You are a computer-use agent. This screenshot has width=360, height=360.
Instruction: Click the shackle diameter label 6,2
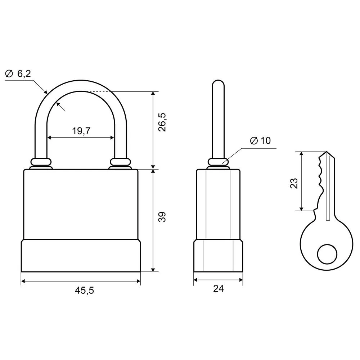[24, 74]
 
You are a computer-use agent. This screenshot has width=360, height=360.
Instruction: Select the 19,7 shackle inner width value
[81, 131]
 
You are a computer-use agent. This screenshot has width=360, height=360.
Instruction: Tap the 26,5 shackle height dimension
[162, 122]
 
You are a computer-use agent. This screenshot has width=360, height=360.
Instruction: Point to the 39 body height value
[162, 217]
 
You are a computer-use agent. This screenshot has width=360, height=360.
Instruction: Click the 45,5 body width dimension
[85, 291]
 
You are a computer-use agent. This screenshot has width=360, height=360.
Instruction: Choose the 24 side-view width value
[219, 289]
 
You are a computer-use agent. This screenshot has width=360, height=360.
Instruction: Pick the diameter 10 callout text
[260, 140]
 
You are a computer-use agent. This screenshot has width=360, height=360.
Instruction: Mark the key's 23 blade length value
[294, 183]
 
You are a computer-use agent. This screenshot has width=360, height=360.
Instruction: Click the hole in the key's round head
[327, 254]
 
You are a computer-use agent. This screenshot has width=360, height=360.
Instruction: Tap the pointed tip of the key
[327, 152]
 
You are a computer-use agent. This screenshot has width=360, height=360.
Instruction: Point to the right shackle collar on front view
[120, 162]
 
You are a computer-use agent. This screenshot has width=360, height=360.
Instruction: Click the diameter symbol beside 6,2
[9, 74]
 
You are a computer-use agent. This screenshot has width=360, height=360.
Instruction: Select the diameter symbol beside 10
[254, 140]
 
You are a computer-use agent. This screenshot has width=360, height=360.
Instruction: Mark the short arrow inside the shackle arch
[60, 107]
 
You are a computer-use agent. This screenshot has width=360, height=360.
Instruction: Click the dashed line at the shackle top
[99, 91]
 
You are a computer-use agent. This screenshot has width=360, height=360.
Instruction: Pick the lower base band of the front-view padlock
[81, 256]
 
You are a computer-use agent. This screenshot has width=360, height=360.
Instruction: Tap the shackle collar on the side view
[218, 162]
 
